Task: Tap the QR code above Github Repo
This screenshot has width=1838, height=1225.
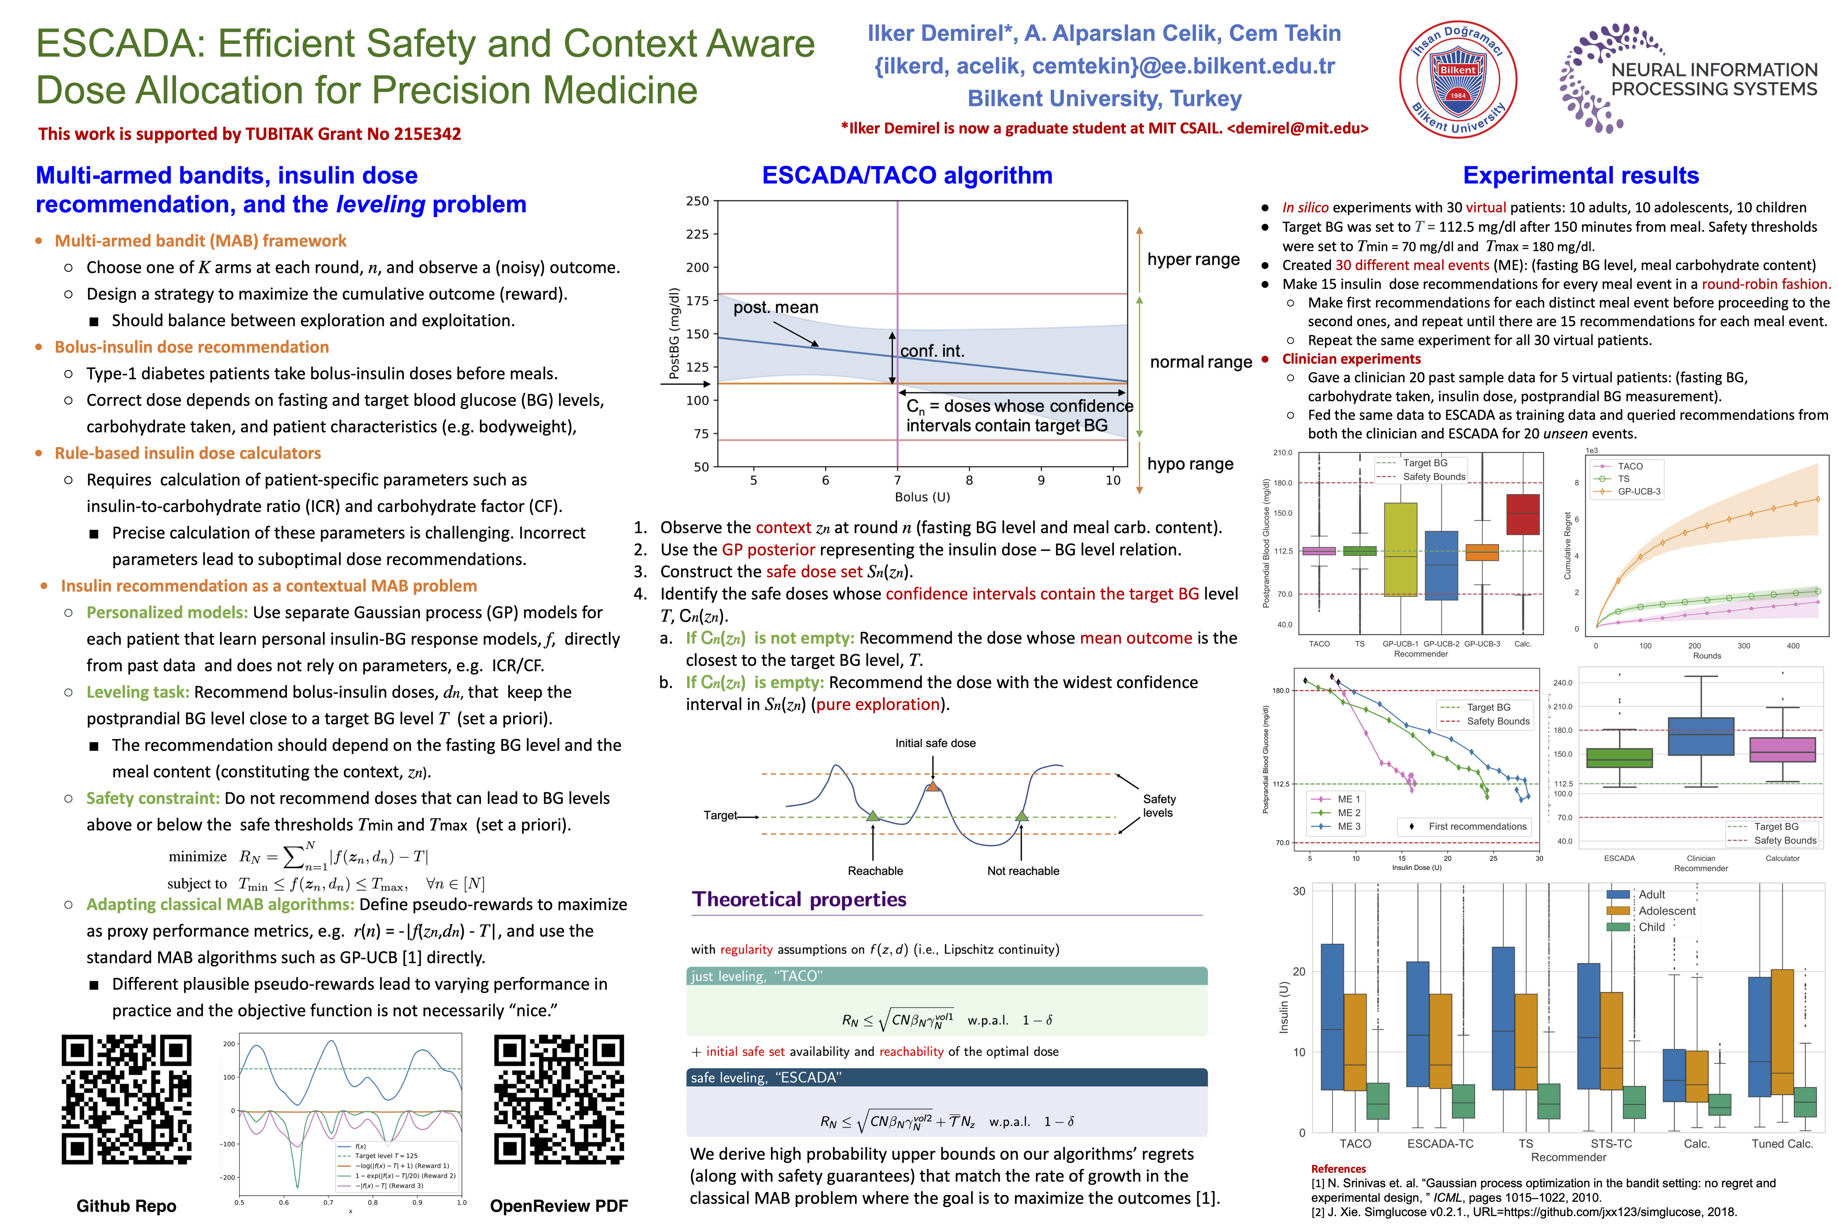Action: pyautogui.click(x=127, y=1098)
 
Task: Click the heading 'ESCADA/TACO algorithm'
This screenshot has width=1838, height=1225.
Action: pyautogui.click(x=907, y=175)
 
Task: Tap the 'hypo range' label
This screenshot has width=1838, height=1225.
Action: pyautogui.click(x=1190, y=464)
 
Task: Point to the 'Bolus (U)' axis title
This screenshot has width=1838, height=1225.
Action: pyautogui.click(x=922, y=497)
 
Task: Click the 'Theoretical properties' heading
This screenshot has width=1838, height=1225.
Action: pyautogui.click(x=799, y=899)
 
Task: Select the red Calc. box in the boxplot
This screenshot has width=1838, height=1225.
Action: pyautogui.click(x=1522, y=514)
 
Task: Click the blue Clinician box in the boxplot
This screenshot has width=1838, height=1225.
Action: pyautogui.click(x=1701, y=736)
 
